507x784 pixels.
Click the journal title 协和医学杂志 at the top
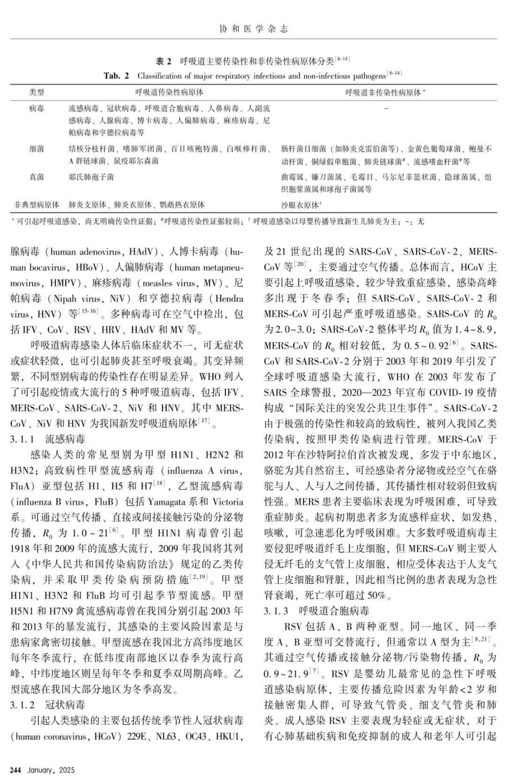253,29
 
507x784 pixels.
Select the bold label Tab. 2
116,76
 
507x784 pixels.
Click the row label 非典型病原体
37,205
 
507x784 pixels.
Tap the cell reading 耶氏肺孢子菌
91,177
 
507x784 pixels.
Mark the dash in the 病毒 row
386,109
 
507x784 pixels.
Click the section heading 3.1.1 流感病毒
48,440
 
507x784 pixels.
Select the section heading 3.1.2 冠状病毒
48,705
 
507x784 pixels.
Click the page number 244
16,770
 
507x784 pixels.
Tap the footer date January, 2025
51,770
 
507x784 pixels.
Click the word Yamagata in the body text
171,502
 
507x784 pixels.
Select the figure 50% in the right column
376,596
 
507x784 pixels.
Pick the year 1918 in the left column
21,549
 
